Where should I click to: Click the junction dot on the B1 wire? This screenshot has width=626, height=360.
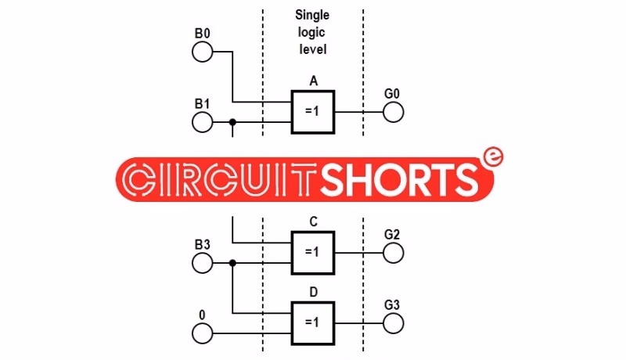pos(232,122)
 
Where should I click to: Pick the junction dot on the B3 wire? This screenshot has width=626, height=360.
pos(232,263)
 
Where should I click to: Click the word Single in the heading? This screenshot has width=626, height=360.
pos(312,15)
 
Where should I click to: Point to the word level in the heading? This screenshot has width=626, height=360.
pos(313,49)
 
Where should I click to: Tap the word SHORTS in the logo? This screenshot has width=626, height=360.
pos(400,179)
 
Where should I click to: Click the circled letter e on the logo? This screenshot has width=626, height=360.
pos(492,157)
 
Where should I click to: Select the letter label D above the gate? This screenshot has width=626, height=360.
pos(314,292)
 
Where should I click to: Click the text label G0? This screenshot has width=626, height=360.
pos(392,94)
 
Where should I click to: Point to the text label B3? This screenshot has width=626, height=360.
pos(202,244)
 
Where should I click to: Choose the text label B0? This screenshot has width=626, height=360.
pos(202,33)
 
